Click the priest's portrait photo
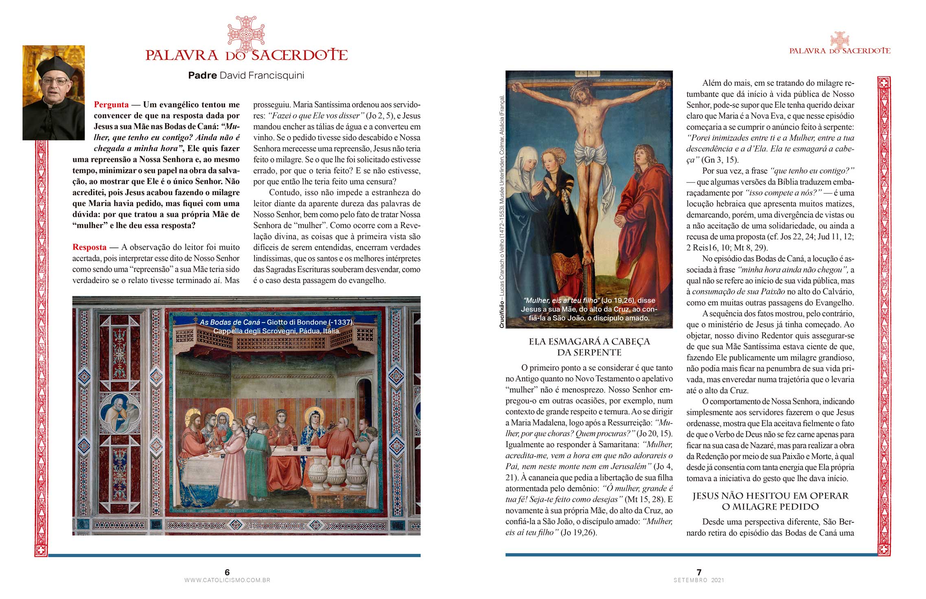(x=53, y=92)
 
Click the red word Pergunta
(x=111, y=105)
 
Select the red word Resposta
(x=90, y=247)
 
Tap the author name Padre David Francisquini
(x=246, y=75)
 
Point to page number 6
(x=227, y=572)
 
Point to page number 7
(x=699, y=572)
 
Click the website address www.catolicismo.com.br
(x=227, y=580)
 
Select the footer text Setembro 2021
(x=699, y=580)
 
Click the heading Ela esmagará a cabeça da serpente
(x=589, y=347)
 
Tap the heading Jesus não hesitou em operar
(x=770, y=496)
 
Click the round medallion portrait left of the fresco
(x=120, y=415)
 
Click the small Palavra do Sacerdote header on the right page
(x=840, y=51)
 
